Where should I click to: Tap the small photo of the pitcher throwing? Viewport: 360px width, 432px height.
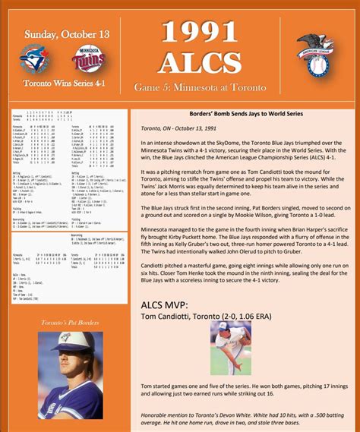(231, 348)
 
